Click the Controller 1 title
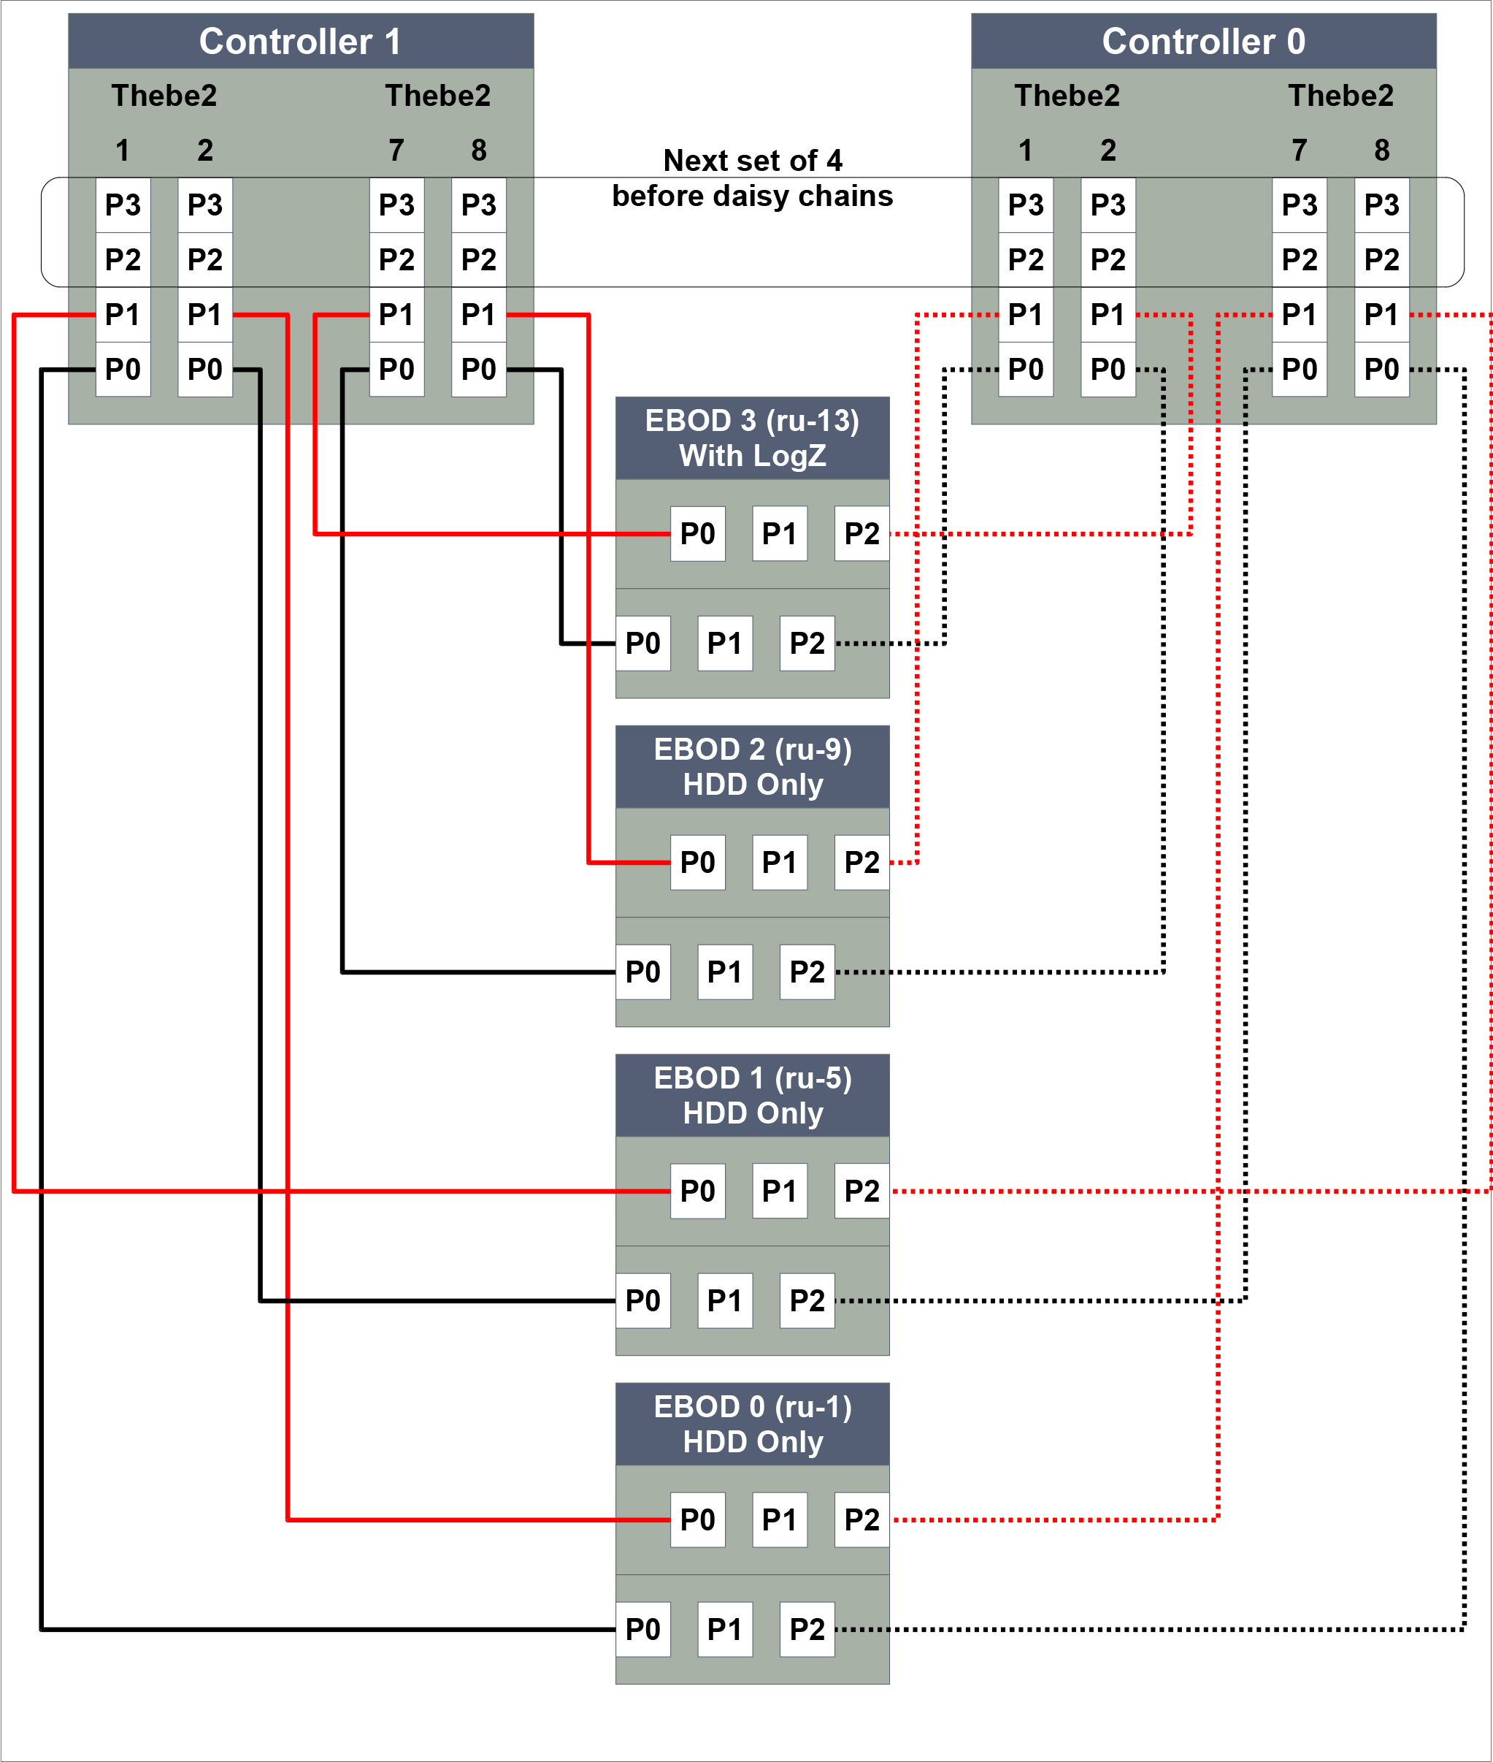coord(301,42)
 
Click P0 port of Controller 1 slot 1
coord(123,369)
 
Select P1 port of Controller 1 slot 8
coord(479,314)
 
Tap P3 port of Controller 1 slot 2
coord(205,205)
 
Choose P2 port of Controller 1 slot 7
coord(397,259)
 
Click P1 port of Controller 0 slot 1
coord(1026,314)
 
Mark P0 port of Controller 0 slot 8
coord(1381,369)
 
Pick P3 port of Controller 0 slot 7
coord(1300,205)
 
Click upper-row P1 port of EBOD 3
coord(780,533)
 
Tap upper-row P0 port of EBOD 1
coord(697,1191)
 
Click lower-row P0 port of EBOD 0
coord(642,1629)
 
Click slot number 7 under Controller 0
coord(1300,150)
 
